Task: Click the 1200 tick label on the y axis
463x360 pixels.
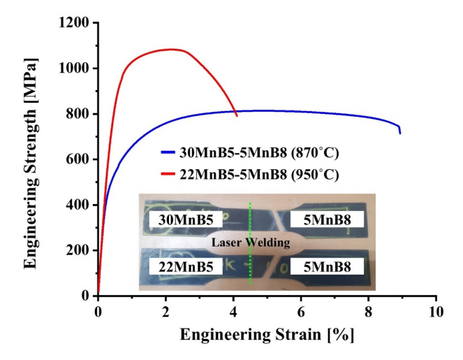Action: click(73, 23)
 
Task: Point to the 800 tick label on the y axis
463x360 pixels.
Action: click(77, 114)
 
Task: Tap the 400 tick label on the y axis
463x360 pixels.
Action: click(77, 205)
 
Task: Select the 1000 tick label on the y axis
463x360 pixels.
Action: click(73, 69)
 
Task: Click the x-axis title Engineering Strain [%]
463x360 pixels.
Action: click(267, 336)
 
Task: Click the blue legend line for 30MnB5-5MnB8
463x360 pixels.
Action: click(170, 150)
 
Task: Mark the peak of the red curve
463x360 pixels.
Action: click(171, 49)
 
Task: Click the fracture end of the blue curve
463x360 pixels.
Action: click(400, 133)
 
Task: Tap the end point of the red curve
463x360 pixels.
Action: click(237, 115)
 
